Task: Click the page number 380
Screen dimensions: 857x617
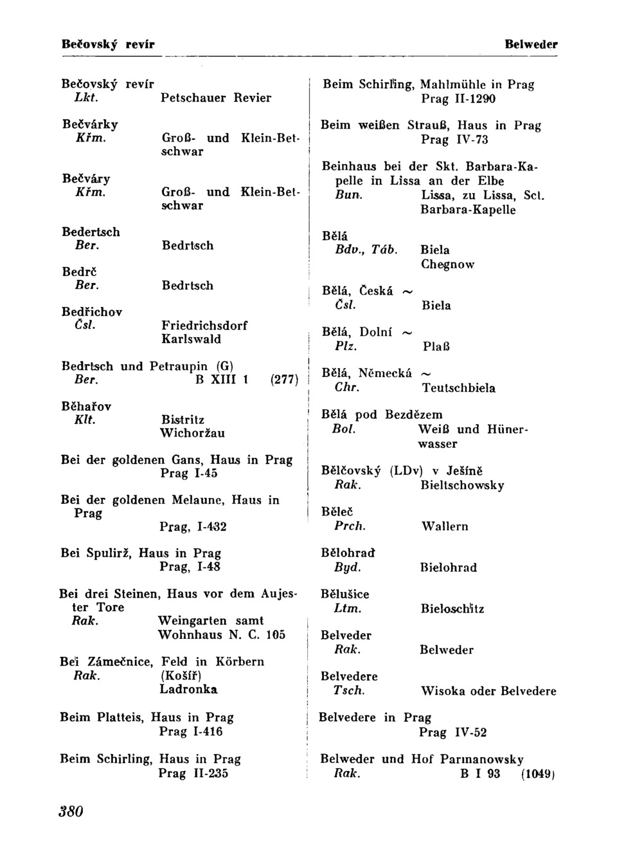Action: [x=71, y=811]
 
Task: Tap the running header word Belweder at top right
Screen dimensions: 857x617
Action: [x=531, y=44]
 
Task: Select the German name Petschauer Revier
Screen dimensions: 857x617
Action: [x=216, y=98]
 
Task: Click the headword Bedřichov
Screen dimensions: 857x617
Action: [x=92, y=312]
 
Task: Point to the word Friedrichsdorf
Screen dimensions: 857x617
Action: [x=204, y=326]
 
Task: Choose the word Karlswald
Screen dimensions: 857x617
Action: [x=191, y=339]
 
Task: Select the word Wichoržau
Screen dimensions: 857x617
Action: [x=192, y=434]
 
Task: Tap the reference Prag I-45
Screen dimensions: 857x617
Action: [x=189, y=474]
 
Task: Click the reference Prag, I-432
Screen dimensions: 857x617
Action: [x=193, y=527]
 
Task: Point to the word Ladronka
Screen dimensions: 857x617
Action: [x=188, y=690]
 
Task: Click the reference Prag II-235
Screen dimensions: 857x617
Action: [x=193, y=773]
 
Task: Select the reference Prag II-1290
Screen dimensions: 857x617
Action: [x=458, y=99]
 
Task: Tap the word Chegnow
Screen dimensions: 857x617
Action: [x=447, y=264]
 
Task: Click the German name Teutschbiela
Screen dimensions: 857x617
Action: [x=458, y=388]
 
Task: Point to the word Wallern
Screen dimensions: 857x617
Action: [x=445, y=526]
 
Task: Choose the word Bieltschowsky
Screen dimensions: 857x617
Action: [x=462, y=486]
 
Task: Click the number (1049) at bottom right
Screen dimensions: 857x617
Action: [x=537, y=774]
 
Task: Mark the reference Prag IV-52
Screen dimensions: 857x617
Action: [x=453, y=732]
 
